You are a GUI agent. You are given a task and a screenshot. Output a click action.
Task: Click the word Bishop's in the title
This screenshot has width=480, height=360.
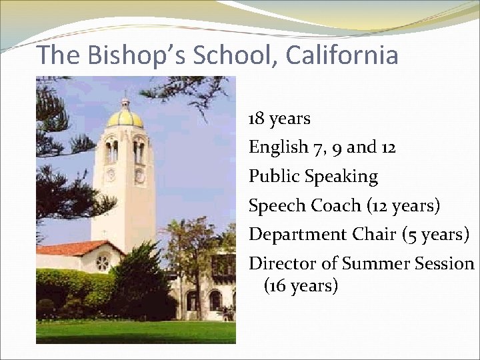coord(141,55)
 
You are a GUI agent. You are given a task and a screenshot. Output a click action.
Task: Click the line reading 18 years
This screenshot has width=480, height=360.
coord(279,119)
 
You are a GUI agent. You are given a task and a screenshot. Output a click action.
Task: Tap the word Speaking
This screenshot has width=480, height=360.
coord(341,177)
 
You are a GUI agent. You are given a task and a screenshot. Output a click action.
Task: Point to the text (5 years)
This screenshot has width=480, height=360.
coord(437,235)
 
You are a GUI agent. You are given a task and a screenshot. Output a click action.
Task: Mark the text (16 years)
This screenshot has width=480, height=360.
coord(301,287)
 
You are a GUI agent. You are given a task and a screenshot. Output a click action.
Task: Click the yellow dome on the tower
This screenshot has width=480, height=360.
coord(125,118)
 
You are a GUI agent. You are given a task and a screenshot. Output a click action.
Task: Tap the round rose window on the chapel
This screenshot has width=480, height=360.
coord(102,263)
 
